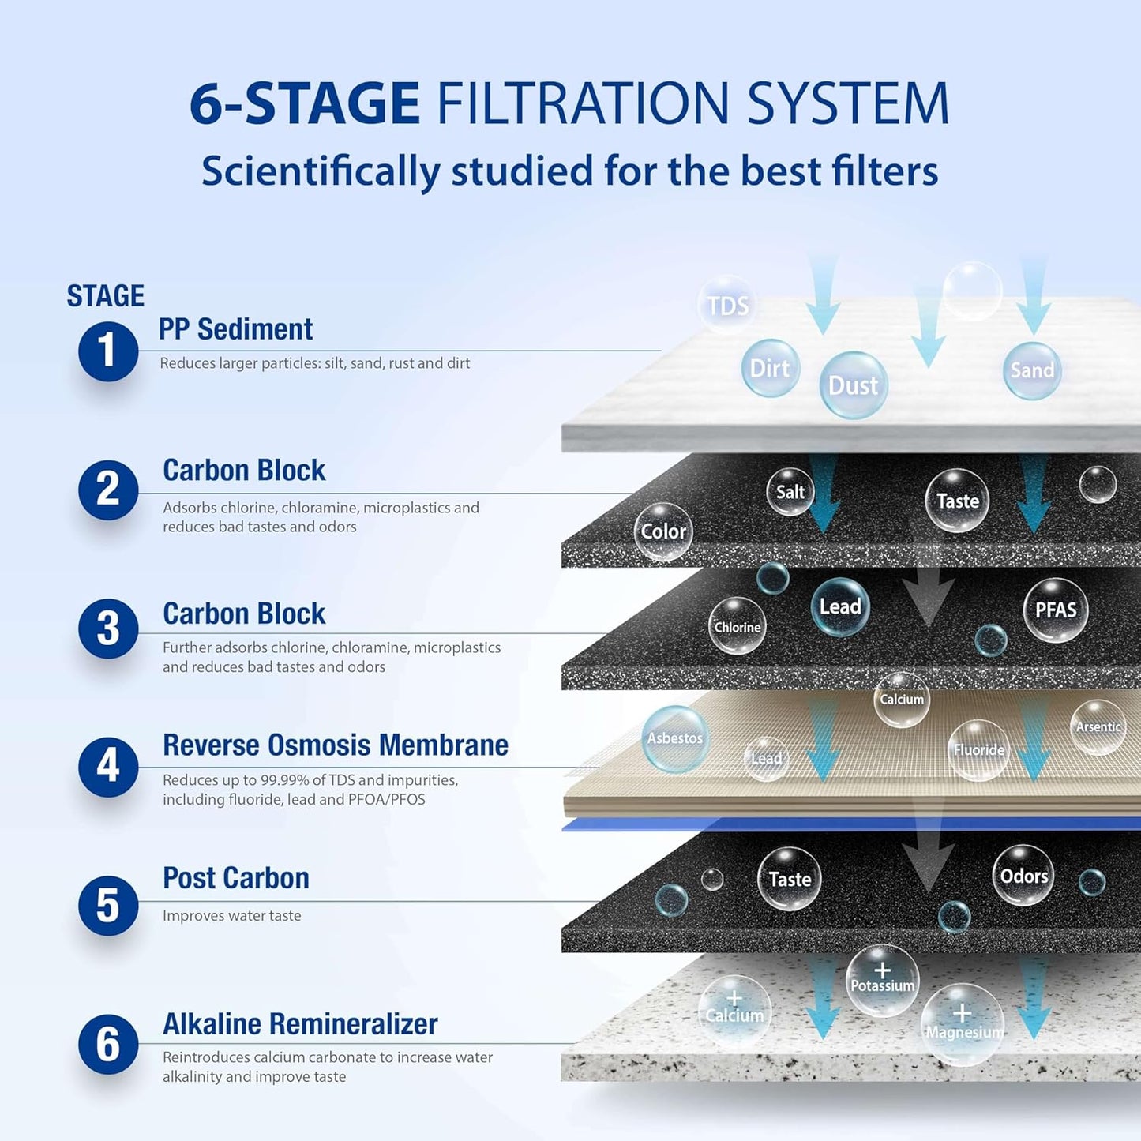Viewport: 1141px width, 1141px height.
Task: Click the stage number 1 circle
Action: tap(108, 351)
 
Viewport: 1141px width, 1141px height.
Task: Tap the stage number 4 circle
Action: tap(108, 767)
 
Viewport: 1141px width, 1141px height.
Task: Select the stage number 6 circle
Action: tap(108, 1044)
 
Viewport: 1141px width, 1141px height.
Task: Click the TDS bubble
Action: tap(726, 305)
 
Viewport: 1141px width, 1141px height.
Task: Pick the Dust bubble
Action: tap(854, 385)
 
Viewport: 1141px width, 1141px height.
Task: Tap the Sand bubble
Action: tap(1032, 370)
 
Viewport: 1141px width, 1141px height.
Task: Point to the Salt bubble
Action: tap(790, 491)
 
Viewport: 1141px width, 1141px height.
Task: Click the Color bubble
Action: tap(663, 531)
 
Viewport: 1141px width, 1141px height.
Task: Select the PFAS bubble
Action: tap(1055, 610)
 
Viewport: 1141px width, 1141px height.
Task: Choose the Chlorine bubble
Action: tap(737, 626)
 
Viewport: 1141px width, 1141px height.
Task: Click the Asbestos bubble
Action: tap(675, 738)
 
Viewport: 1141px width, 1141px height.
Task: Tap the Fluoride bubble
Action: tap(978, 749)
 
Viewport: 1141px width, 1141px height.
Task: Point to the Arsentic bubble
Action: tap(1098, 726)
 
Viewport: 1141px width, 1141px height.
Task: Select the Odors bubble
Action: tap(1023, 876)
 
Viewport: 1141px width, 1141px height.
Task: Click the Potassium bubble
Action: tap(882, 981)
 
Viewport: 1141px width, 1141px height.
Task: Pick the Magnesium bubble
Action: tap(963, 1025)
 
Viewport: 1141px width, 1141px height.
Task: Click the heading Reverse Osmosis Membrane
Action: tap(336, 745)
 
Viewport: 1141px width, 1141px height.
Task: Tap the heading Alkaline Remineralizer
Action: tap(300, 1023)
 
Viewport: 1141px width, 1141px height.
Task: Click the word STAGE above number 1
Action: tap(105, 296)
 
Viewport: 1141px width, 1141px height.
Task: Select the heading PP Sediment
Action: tap(235, 329)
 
